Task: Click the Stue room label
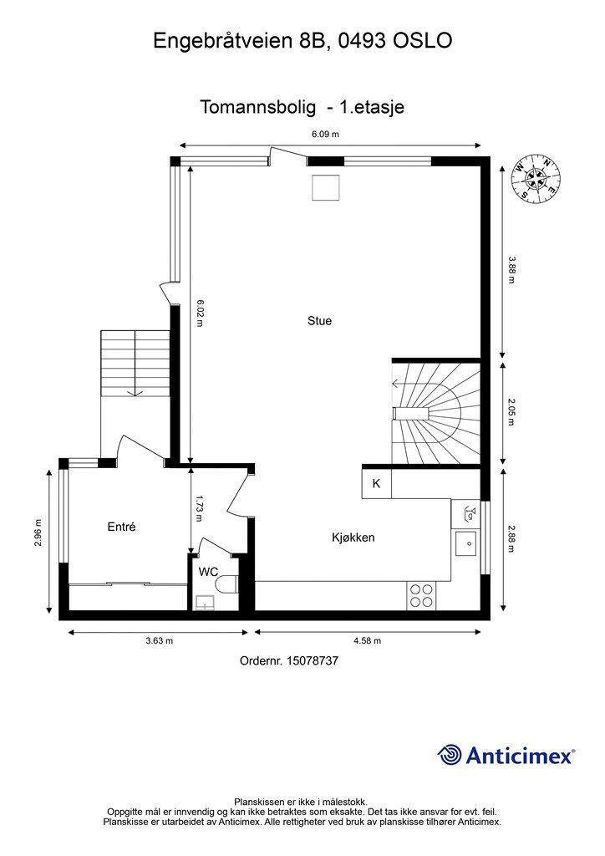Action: pyautogui.click(x=319, y=321)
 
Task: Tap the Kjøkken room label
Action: pyautogui.click(x=353, y=538)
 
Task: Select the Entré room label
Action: pyautogui.click(x=121, y=527)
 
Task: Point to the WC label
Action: pyautogui.click(x=208, y=572)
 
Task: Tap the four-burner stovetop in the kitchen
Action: pyautogui.click(x=422, y=595)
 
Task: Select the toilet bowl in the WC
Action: pyautogui.click(x=226, y=583)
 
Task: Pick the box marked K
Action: pyautogui.click(x=376, y=483)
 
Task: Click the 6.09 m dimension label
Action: pyautogui.click(x=326, y=134)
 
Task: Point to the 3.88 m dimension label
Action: pyautogui.click(x=511, y=270)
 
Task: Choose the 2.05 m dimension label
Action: pyautogui.click(x=511, y=412)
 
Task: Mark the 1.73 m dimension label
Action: pyautogui.click(x=199, y=508)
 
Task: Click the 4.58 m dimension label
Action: pyautogui.click(x=367, y=640)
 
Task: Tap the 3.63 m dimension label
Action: pyautogui.click(x=160, y=640)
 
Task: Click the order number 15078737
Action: pyautogui.click(x=312, y=660)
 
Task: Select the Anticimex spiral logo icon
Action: pyautogui.click(x=450, y=755)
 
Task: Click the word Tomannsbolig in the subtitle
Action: pyautogui.click(x=257, y=107)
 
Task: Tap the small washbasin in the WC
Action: pyautogui.click(x=205, y=603)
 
